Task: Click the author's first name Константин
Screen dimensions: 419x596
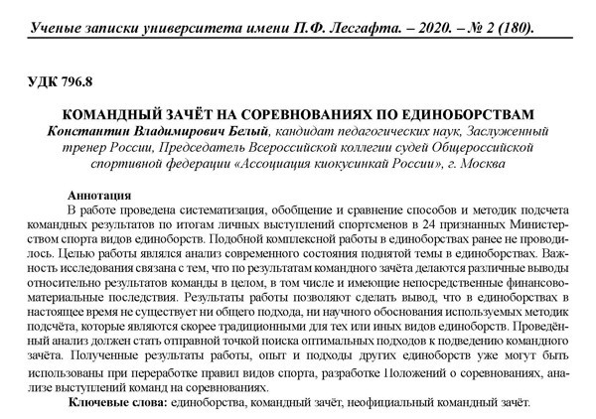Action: click(85, 130)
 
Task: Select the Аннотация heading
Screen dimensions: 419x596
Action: click(101, 195)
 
